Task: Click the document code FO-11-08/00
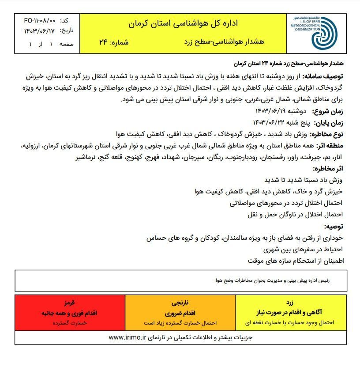point(40,21)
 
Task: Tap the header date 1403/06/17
point(40,31)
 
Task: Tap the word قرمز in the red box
point(70,303)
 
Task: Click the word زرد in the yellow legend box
point(289,303)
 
